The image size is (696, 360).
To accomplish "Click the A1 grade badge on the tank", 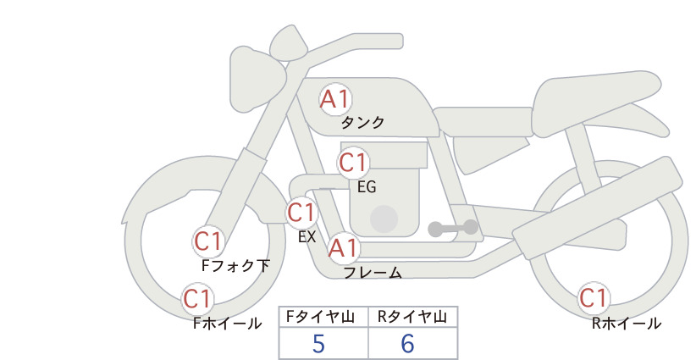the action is [x=335, y=99].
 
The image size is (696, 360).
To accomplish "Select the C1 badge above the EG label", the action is [x=353, y=163].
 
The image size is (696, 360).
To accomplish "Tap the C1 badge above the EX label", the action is [x=301, y=213].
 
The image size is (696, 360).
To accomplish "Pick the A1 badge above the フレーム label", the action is [x=343, y=248].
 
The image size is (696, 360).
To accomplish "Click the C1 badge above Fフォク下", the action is [x=208, y=242].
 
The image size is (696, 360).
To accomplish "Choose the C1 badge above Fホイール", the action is [x=196, y=299].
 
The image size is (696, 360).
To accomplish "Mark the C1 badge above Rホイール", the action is [x=593, y=298].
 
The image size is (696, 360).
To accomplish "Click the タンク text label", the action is [x=362, y=122].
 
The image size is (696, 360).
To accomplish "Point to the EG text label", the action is [x=367, y=187].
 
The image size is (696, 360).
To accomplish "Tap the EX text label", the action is [x=307, y=237].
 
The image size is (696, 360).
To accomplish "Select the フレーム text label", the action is [x=373, y=273].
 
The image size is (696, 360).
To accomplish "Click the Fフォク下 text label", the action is [x=235, y=265].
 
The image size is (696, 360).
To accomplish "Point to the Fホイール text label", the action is [x=227, y=324].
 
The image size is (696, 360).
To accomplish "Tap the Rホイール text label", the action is [x=627, y=324].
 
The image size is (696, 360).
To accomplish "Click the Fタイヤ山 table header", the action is [x=320, y=317].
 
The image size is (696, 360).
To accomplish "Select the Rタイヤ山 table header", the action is [x=412, y=317].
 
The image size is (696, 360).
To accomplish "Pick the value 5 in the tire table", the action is [x=318, y=343].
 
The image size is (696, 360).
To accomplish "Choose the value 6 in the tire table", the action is [x=407, y=343].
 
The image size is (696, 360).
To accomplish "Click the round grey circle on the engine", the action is [x=384, y=219].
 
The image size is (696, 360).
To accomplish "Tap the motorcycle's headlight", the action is [x=257, y=79].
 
